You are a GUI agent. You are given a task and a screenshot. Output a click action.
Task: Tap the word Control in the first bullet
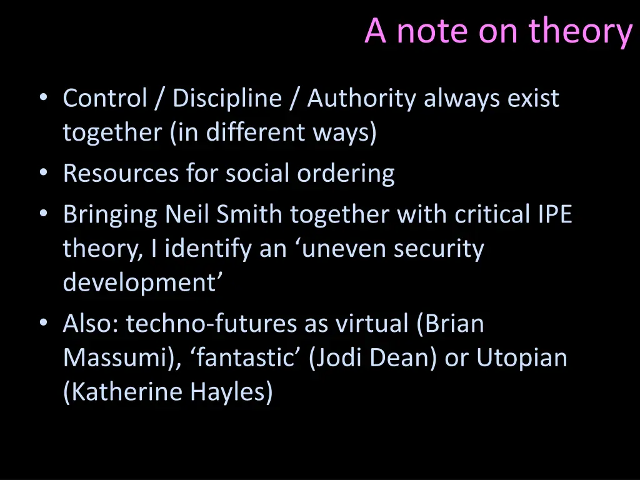[105, 99]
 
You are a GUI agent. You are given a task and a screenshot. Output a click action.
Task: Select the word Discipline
[227, 99]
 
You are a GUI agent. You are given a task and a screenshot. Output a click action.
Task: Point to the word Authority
[361, 99]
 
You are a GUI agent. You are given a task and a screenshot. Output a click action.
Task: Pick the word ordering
[346, 173]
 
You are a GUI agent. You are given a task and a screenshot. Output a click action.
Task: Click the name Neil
[187, 214]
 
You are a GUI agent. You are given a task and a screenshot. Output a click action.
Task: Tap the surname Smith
[249, 214]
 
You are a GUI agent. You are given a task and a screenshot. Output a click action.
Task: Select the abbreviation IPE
[555, 214]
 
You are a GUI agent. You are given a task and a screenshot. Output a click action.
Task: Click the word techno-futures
[212, 324]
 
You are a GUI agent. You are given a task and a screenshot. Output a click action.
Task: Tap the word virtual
[372, 324]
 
